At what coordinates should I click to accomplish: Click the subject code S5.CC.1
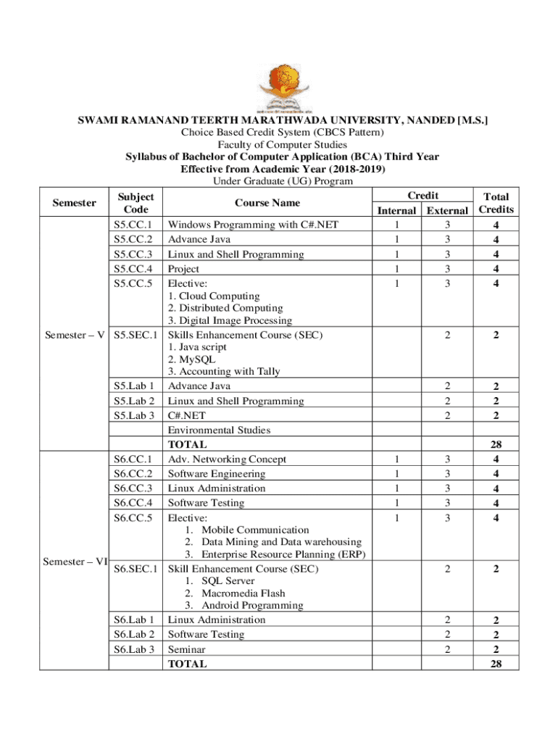pos(133,225)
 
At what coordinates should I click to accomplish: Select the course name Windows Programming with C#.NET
pos(253,225)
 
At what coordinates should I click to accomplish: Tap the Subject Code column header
pos(135,203)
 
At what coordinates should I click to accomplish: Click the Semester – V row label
pos(71,335)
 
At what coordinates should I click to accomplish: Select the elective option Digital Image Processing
pos(230,320)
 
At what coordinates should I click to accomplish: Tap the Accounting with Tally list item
pos(223,372)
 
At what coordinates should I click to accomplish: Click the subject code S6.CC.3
pos(133,488)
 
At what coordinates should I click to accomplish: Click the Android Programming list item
pos(242,605)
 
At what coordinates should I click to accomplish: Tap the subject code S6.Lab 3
pos(135,649)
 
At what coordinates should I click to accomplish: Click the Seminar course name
pos(186,649)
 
